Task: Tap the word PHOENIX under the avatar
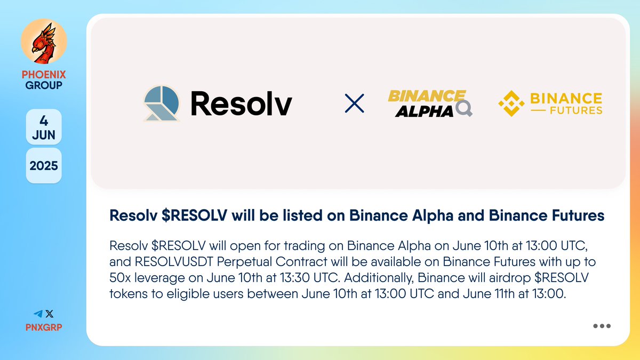click(44, 75)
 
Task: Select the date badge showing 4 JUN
click(44, 126)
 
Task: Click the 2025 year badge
click(44, 165)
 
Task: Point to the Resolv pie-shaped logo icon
click(162, 103)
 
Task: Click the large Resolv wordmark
click(241, 103)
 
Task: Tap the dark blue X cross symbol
click(355, 103)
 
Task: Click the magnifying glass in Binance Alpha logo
click(464, 110)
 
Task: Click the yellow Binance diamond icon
click(511, 103)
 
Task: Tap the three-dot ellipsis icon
click(602, 326)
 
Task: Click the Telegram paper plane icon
click(37, 314)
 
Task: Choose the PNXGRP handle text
click(44, 327)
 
